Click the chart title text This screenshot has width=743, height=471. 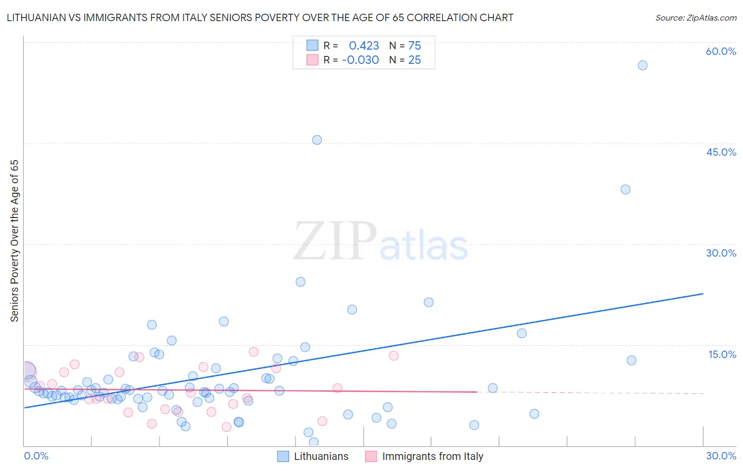259,17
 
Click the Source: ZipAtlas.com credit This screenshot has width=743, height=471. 695,17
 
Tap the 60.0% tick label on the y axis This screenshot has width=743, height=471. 721,51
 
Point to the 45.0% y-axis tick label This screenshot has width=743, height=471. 721,152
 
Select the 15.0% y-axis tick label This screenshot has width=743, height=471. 722,354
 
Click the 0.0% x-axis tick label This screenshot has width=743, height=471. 36,456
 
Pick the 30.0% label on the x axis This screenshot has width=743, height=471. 721,456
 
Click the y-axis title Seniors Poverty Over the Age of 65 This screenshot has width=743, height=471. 14,240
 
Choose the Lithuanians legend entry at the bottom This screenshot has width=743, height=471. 313,457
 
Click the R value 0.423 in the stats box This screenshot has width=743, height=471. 364,46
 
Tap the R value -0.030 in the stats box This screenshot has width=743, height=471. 360,60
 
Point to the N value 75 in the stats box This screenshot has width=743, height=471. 414,46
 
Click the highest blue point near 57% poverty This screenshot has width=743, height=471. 643,65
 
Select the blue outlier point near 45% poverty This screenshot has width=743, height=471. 317,140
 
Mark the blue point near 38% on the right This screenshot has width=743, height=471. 626,190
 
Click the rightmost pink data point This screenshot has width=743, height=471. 393,356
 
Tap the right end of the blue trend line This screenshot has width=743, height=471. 703,294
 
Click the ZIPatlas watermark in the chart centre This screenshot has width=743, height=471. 380,241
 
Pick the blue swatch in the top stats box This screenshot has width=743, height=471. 312,45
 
